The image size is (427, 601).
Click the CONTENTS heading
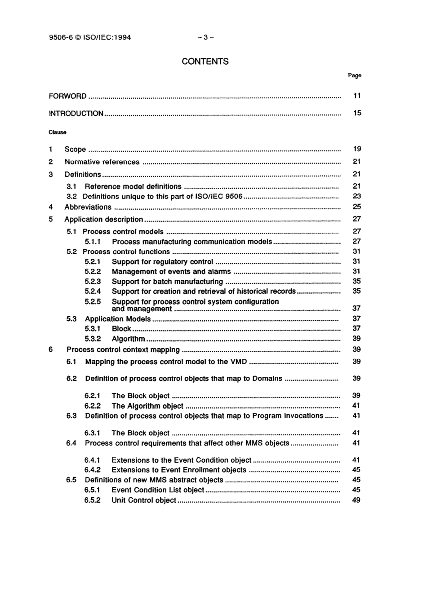tap(205, 62)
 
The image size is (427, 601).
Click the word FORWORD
tap(67, 96)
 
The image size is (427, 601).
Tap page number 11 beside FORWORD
tap(357, 96)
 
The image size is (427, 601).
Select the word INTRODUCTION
tap(76, 114)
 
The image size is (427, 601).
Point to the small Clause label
tap(58, 133)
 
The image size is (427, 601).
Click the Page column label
tap(354, 75)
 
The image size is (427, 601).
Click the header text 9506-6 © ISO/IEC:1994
tap(90, 37)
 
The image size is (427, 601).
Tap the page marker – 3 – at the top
tap(205, 37)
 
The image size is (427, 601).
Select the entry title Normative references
tap(102, 162)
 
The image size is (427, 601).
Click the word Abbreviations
tap(88, 207)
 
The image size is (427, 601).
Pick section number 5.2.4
tap(93, 292)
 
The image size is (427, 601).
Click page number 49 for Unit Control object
tap(356, 500)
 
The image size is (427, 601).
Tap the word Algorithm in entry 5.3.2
tap(128, 339)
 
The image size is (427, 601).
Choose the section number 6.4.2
tap(92, 470)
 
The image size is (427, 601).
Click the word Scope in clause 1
tap(75, 150)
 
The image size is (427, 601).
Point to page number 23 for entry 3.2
tap(356, 196)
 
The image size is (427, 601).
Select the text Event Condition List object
tap(158, 490)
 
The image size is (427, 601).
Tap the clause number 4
tap(51, 207)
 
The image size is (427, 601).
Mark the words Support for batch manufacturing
tap(167, 282)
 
